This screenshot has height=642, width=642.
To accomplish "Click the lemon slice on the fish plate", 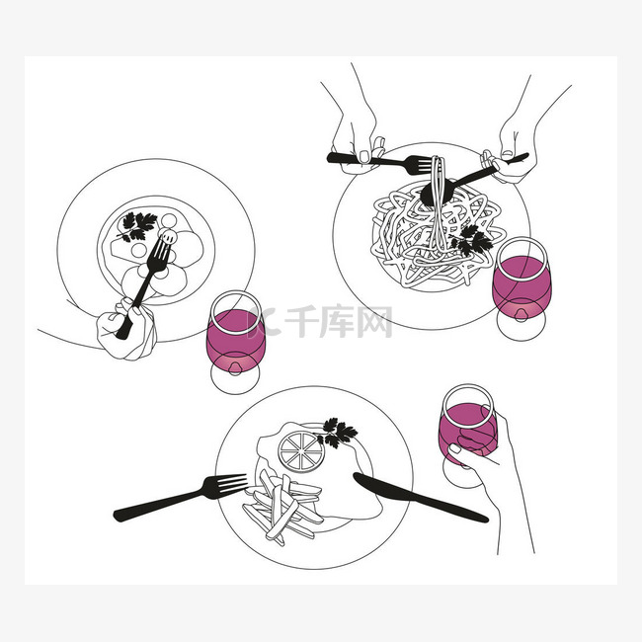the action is click(x=301, y=451).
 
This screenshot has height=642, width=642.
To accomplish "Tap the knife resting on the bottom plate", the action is click(x=420, y=498).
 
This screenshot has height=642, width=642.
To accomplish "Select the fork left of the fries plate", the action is click(x=180, y=497).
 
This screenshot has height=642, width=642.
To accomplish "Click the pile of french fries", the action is click(x=281, y=507).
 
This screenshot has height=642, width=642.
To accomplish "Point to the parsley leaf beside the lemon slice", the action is click(x=337, y=433).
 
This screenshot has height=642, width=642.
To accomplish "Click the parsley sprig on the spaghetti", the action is click(x=471, y=241).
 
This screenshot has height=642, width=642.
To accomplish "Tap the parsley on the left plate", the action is click(x=136, y=226).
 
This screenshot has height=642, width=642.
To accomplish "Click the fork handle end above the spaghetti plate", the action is click(x=331, y=158).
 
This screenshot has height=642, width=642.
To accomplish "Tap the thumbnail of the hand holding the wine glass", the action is click(x=454, y=448).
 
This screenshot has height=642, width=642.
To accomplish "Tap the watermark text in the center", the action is click(x=319, y=321).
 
